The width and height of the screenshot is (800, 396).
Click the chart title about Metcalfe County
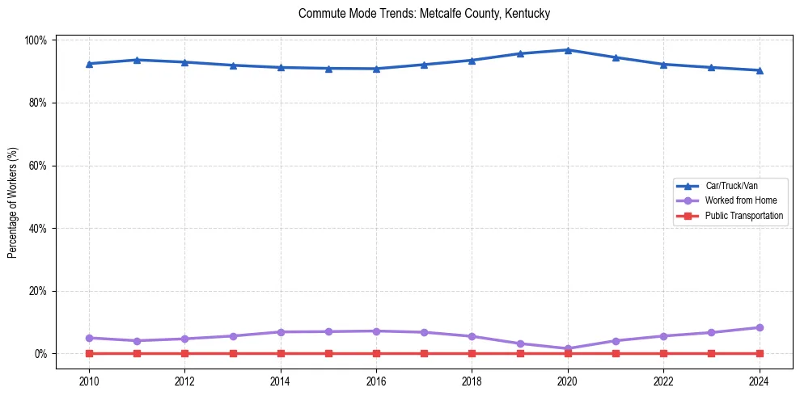[424, 14]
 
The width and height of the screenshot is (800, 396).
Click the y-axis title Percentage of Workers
[13, 202]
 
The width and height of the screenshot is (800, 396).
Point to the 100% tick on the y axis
[37, 40]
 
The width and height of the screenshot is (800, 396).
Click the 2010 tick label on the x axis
[89, 381]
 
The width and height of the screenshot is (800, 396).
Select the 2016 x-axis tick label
[376, 381]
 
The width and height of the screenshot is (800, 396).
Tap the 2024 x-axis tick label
[759, 381]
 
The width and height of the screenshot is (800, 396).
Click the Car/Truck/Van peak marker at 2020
[568, 50]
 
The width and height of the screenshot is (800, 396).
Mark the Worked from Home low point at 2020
[568, 349]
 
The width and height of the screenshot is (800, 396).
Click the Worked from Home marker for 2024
[759, 327]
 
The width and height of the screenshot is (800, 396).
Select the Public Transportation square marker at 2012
[184, 353]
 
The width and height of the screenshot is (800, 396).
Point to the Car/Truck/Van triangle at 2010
[89, 64]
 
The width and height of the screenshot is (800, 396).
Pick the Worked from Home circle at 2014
[281, 332]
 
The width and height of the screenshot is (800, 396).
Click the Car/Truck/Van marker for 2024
[759, 70]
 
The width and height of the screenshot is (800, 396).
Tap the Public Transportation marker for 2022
[663, 353]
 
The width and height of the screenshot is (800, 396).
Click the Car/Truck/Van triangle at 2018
[472, 61]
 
